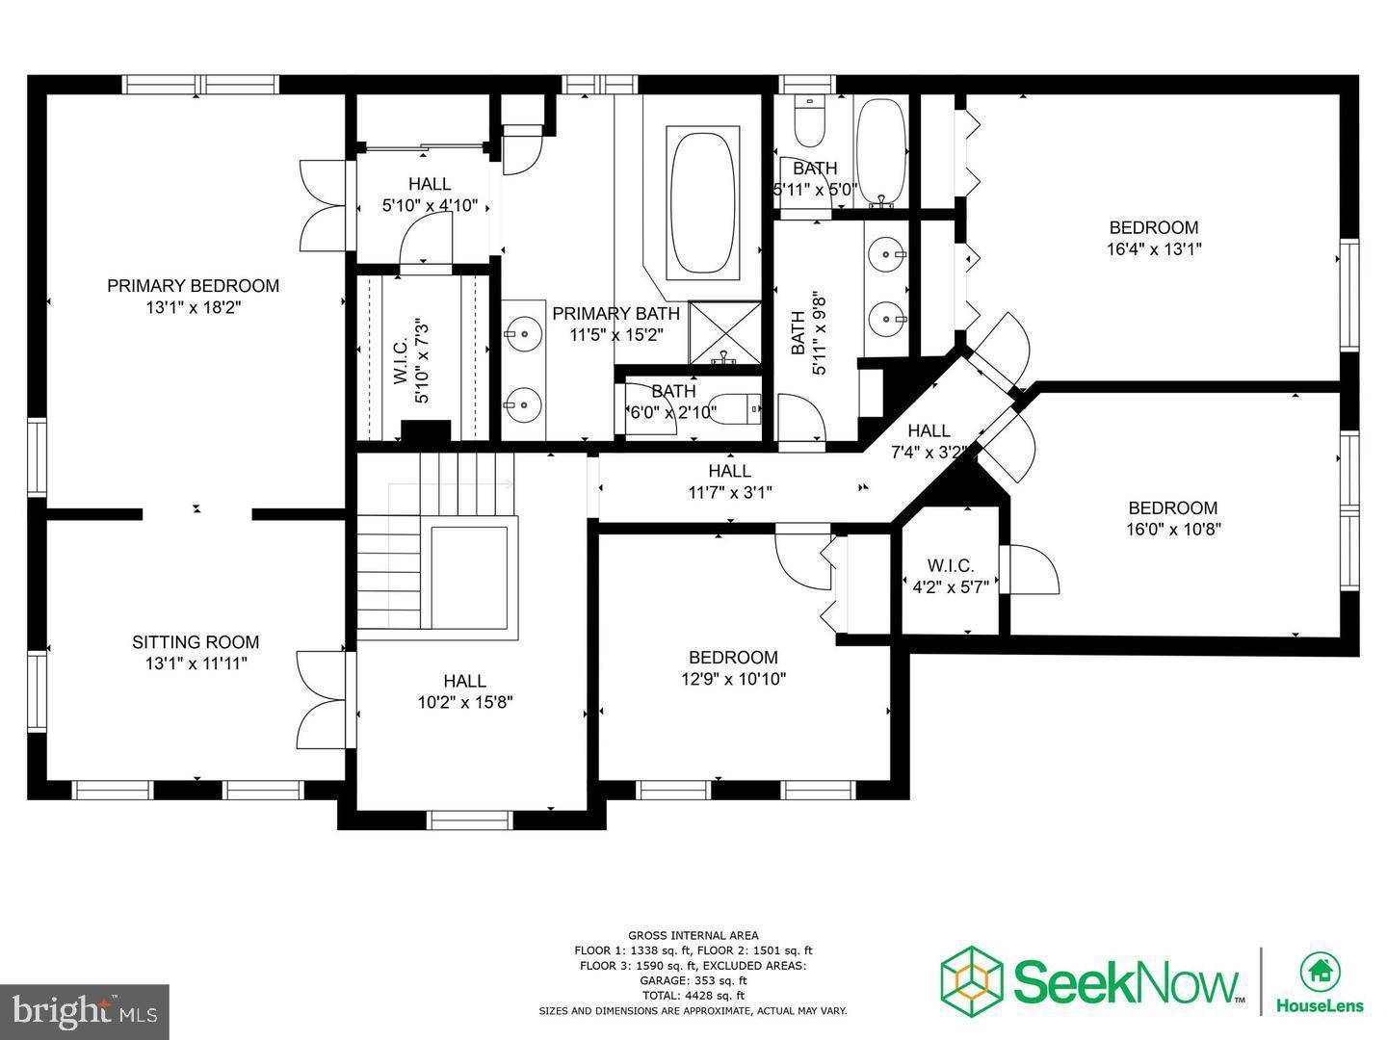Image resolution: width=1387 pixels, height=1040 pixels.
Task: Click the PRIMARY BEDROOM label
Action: [193, 286]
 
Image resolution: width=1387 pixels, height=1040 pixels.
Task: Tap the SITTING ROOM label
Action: [196, 642]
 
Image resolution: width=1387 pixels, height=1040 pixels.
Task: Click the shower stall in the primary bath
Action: [724, 333]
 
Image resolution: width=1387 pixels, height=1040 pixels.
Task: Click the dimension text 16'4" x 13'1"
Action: [1154, 248]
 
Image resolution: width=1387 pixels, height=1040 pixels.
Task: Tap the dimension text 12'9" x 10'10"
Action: [733, 679]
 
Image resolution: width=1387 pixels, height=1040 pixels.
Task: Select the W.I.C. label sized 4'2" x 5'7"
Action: [951, 566]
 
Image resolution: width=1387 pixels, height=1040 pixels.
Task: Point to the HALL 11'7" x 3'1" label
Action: [729, 471]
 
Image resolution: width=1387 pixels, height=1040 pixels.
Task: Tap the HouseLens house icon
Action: [1320, 972]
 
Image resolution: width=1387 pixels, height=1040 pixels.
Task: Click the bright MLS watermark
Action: [84, 1010]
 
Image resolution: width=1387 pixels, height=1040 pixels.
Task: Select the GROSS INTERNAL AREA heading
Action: [693, 935]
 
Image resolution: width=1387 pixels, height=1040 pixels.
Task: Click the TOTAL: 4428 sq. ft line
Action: [693, 996]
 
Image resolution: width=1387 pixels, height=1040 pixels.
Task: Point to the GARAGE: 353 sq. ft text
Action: [693, 980]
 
